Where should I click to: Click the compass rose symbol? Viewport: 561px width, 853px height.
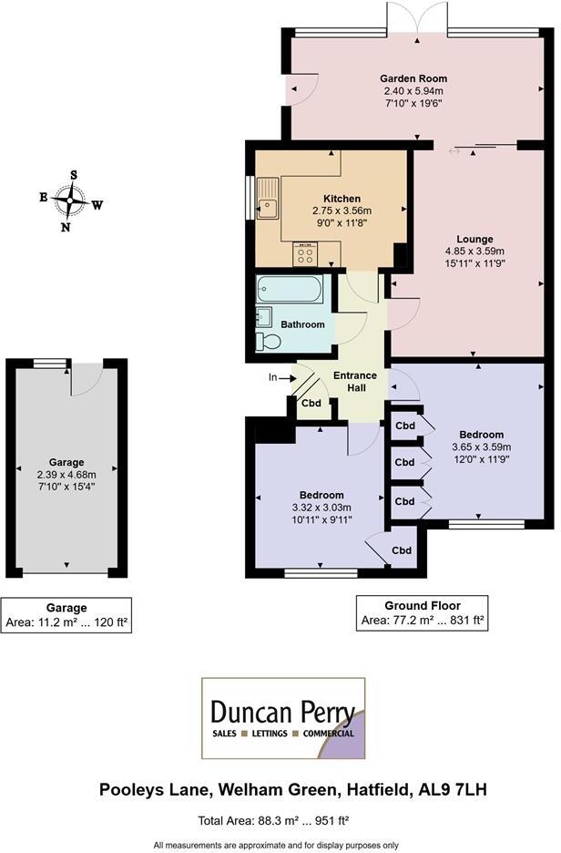(x=69, y=199)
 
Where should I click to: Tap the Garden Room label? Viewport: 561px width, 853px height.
(x=413, y=78)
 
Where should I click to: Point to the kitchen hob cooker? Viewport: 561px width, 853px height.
(x=302, y=255)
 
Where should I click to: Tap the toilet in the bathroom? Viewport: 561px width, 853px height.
(x=269, y=341)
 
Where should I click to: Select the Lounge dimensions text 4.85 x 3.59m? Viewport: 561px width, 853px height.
(x=474, y=251)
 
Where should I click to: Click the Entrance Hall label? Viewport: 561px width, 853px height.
(x=349, y=382)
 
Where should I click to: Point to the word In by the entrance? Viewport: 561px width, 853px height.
(x=272, y=376)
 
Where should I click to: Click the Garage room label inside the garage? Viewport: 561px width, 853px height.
(x=66, y=462)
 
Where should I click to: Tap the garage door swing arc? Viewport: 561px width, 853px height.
(x=85, y=381)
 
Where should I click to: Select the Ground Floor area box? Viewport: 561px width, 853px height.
(x=421, y=613)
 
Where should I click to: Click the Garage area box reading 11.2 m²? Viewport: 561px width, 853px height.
(x=66, y=616)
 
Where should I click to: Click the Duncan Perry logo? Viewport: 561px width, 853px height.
(x=282, y=718)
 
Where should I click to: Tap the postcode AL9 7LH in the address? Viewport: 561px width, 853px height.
(x=454, y=789)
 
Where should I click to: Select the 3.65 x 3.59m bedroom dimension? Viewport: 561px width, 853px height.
(x=481, y=447)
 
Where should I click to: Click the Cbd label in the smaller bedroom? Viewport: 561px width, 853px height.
(x=402, y=550)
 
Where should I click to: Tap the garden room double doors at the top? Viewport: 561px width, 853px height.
(x=417, y=19)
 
